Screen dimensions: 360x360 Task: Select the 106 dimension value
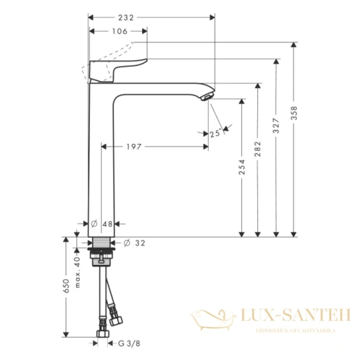pos(120,31)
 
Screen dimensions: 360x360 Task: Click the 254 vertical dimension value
pos(242,167)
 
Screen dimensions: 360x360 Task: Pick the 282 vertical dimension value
pos(258,149)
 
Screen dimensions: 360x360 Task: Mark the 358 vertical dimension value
pos(294,116)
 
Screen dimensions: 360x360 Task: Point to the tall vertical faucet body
pos(101,162)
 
